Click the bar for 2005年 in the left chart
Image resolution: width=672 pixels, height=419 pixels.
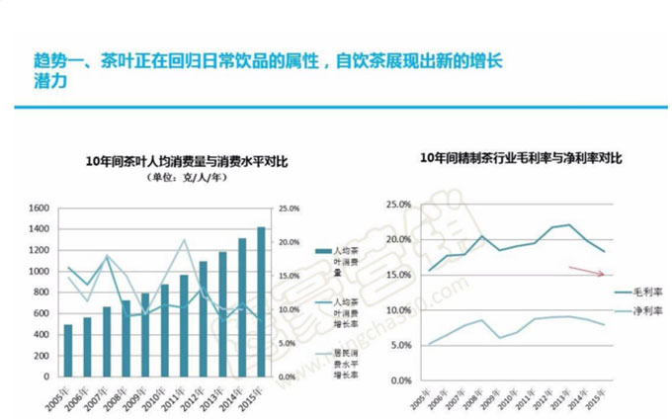coord(68,350)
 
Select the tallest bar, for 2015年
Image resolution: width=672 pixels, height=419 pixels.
coord(261,301)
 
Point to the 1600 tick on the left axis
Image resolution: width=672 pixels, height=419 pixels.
coord(38,208)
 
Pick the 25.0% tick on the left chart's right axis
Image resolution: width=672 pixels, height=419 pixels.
coord(289,208)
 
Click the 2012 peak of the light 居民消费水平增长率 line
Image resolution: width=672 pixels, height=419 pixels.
coord(184,240)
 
